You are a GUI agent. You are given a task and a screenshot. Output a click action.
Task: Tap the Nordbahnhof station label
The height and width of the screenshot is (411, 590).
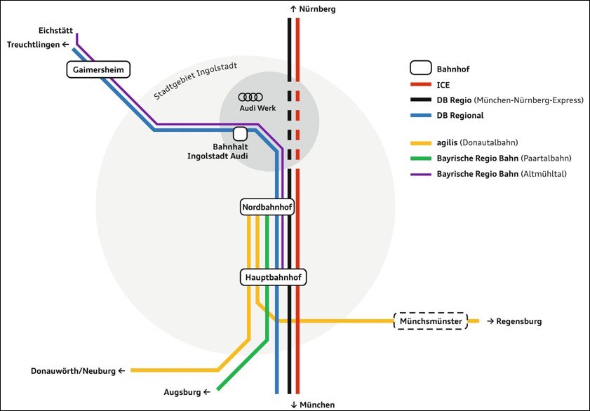tap(267, 208)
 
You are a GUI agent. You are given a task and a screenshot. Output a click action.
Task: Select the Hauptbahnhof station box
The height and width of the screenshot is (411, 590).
tap(274, 278)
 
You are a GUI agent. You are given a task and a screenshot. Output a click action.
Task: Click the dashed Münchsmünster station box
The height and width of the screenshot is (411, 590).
tap(431, 321)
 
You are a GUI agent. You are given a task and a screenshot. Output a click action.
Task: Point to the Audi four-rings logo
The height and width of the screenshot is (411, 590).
tap(250, 97)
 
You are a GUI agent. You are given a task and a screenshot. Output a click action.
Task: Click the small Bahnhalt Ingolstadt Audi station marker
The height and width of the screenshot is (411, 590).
tap(240, 133)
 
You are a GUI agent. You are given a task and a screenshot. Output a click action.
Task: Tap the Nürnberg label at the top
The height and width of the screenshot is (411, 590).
tap(313, 9)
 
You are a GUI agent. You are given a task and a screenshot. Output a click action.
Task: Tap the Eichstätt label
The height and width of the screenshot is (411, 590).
tap(56, 30)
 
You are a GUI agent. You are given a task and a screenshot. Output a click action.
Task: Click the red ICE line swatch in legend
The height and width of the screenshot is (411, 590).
tap(420, 85)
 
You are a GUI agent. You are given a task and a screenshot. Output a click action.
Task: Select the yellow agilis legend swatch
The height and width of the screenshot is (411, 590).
tap(420, 142)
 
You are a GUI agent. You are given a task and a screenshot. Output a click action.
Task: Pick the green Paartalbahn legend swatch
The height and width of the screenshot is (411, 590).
tap(420, 158)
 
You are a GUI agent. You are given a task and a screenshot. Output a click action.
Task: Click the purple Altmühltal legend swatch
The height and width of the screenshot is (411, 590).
tap(420, 173)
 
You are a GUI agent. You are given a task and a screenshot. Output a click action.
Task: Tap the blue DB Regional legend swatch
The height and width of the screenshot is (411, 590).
tap(420, 116)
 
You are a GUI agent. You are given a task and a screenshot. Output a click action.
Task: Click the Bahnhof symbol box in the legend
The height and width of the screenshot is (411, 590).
tap(420, 68)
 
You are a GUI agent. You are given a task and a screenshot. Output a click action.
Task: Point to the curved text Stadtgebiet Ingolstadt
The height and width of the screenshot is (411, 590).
tap(196, 81)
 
